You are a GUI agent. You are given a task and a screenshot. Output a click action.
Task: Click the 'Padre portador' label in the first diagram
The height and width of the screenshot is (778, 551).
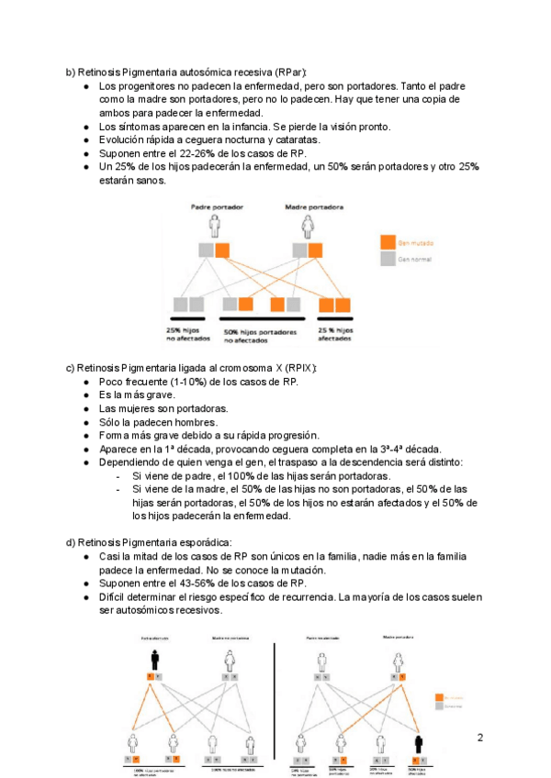tap(217, 207)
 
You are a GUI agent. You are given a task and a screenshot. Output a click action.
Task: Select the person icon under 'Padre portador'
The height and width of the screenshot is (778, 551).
tap(216, 224)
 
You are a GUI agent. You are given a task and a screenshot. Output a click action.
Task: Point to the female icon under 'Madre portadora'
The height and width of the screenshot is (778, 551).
tap(308, 224)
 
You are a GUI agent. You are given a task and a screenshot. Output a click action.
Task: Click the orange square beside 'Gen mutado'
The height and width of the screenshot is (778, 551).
tap(388, 242)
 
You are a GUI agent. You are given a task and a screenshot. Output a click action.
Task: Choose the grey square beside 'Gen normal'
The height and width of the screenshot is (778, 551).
tap(388, 259)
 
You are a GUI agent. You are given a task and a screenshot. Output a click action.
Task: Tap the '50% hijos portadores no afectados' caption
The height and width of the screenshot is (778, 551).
tap(261, 335)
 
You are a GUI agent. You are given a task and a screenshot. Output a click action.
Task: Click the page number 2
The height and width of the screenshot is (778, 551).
tap(479, 737)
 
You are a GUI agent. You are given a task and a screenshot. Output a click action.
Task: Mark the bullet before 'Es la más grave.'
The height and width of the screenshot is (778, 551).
tap(86, 395)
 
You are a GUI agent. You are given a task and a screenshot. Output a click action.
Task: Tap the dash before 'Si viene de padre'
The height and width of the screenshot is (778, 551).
tap(119, 476)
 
